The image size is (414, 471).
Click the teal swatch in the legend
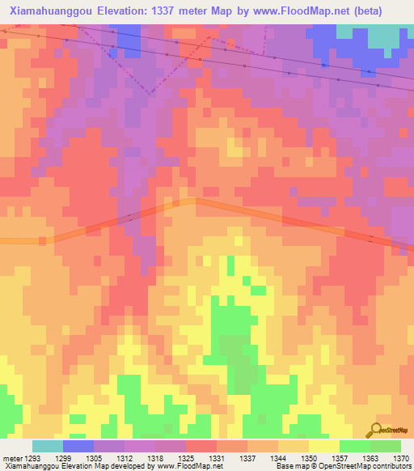[48, 446]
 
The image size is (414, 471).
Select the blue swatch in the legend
[78, 446]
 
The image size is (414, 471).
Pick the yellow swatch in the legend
[323, 446]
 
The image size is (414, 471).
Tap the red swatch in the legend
[201, 446]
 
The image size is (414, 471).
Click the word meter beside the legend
[10, 458]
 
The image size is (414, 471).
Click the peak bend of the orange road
[194, 201]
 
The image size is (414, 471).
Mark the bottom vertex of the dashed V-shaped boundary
[149, 93]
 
